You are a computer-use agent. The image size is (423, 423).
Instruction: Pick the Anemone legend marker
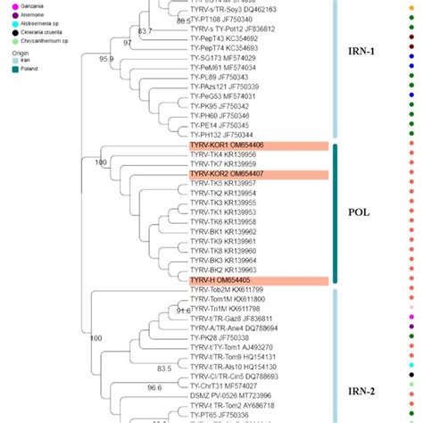tap(7, 14)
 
